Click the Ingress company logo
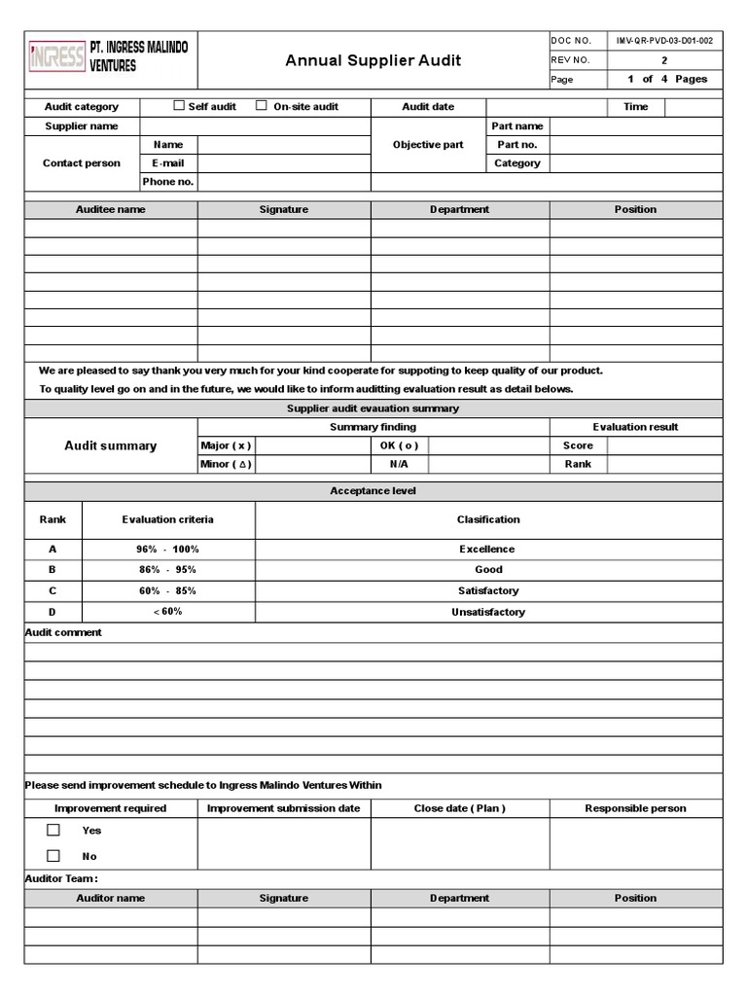[55, 58]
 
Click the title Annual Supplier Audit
[373, 60]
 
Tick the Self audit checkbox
[179, 106]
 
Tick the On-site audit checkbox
[262, 106]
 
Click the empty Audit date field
[547, 107]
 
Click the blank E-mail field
[284, 163]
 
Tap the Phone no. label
[168, 182]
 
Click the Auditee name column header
[111, 210]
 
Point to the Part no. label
[517, 145]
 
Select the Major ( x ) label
[226, 445]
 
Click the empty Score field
[665, 445]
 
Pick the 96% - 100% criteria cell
[168, 550]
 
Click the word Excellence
[487, 550]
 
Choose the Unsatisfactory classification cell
[487, 613]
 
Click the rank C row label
[53, 591]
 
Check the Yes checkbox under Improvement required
[53, 831]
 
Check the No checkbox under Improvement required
[53, 856]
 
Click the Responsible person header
[635, 808]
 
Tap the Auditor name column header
[111, 899]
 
